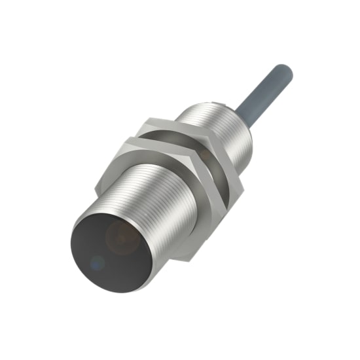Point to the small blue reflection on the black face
click(98, 264)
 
